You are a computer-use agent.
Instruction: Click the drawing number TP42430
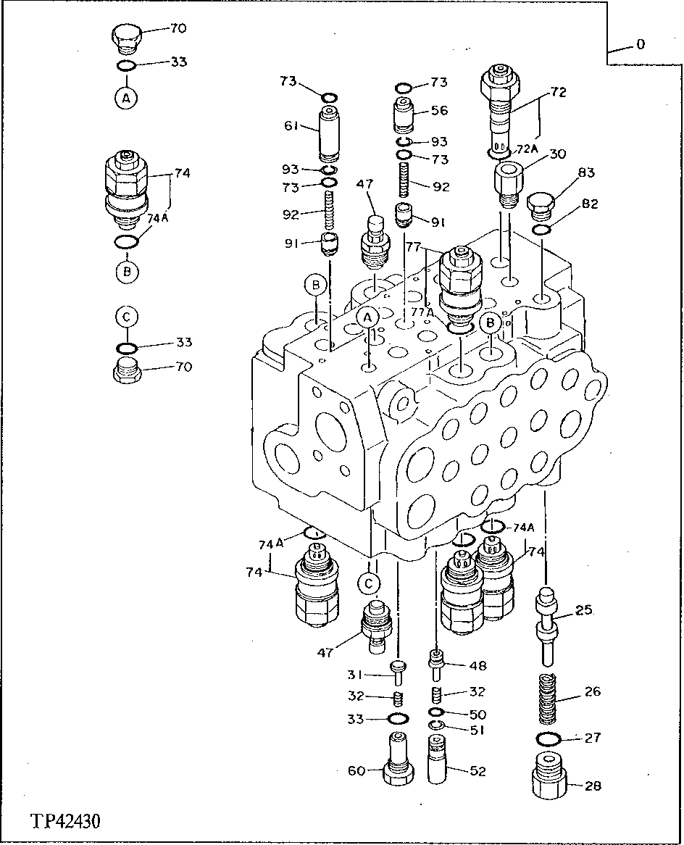66,822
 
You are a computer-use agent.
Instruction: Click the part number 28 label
593,786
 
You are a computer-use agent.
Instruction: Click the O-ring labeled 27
549,739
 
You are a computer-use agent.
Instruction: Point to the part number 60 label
356,771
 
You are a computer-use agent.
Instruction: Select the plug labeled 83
541,207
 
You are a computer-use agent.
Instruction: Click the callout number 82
590,205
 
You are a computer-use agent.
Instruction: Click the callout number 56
439,110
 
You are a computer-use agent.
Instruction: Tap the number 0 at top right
641,45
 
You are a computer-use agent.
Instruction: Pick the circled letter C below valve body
369,582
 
